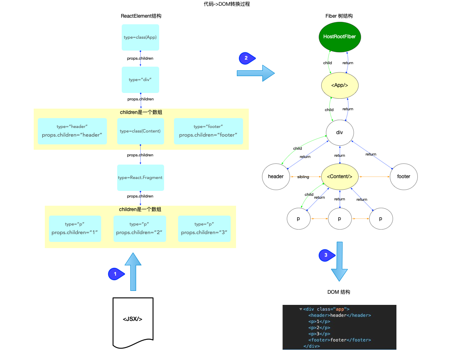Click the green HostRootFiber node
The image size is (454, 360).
click(x=339, y=37)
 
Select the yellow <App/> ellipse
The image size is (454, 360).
click(x=340, y=85)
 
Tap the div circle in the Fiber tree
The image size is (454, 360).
click(x=340, y=132)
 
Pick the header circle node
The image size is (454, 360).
click(x=276, y=177)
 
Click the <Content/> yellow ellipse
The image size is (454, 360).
click(x=340, y=177)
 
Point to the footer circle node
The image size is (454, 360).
click(x=403, y=177)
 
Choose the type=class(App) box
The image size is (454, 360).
click(x=140, y=37)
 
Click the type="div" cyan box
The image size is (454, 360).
click(x=140, y=79)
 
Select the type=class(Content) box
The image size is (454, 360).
click(x=140, y=131)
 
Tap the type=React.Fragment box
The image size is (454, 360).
click(x=140, y=177)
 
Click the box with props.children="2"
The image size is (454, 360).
click(x=139, y=228)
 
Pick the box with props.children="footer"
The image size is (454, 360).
click(x=208, y=131)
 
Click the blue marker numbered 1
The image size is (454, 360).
click(x=115, y=274)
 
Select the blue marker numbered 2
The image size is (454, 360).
click(x=246, y=58)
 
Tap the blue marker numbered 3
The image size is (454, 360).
click(x=326, y=255)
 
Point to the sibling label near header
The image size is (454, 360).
click(x=303, y=177)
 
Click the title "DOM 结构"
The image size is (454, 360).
click(x=339, y=292)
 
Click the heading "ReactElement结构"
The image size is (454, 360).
click(x=141, y=16)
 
